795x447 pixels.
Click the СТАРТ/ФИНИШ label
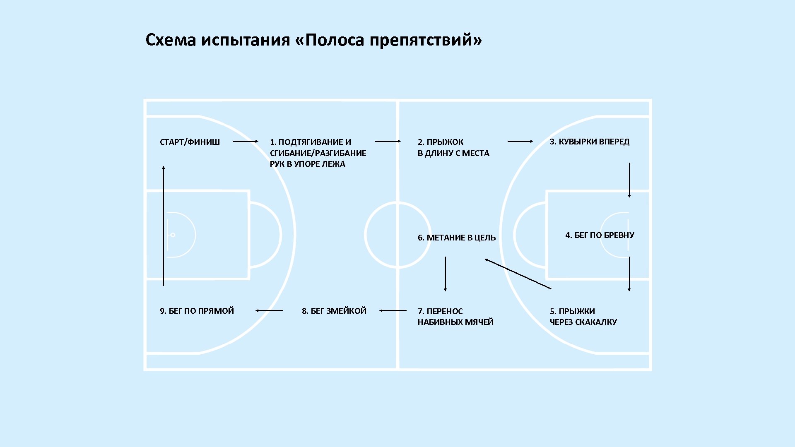pyautogui.click(x=190, y=142)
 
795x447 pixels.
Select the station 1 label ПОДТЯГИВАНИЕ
pyautogui.click(x=318, y=153)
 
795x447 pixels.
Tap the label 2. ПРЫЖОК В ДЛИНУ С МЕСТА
pyautogui.click(x=453, y=147)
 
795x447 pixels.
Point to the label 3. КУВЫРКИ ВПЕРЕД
pyautogui.click(x=589, y=142)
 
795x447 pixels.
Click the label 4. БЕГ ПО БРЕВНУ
pyautogui.click(x=600, y=235)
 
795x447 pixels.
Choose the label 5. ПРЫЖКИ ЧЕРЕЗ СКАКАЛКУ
pyautogui.click(x=583, y=316)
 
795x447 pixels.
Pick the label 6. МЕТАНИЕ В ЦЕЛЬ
pyautogui.click(x=456, y=238)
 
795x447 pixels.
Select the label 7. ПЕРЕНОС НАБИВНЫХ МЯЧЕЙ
pyautogui.click(x=455, y=316)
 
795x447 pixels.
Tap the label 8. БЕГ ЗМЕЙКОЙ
pyautogui.click(x=334, y=311)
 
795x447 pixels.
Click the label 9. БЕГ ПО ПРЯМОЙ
pyautogui.click(x=197, y=311)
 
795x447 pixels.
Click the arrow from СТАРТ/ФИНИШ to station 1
pyautogui.click(x=245, y=141)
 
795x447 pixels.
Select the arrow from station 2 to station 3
pyautogui.click(x=520, y=141)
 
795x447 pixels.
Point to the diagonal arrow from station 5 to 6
pyautogui.click(x=518, y=274)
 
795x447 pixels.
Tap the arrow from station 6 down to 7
pyautogui.click(x=445, y=274)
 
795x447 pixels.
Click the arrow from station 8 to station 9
pyautogui.click(x=269, y=310)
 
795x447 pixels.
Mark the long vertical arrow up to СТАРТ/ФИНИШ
pyautogui.click(x=163, y=226)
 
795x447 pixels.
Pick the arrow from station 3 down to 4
pyautogui.click(x=629, y=180)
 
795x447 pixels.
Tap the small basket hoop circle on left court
pyautogui.click(x=173, y=235)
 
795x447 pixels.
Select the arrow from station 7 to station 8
pyautogui.click(x=393, y=310)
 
